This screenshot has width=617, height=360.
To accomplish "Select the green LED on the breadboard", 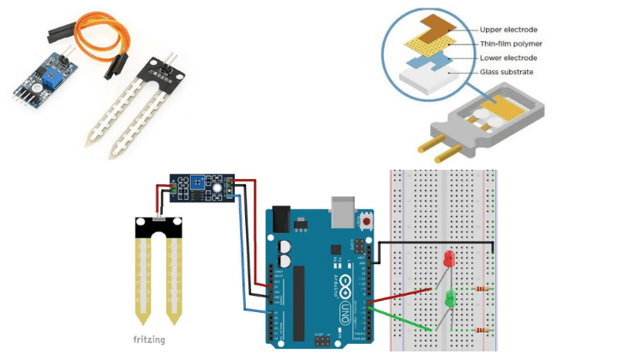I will click(448, 299).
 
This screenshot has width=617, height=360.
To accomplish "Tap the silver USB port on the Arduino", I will click(343, 208).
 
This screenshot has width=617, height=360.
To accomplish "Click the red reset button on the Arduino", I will click(368, 221).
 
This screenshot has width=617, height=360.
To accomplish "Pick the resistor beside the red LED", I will click(482, 288).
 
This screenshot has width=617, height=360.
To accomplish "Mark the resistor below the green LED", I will click(482, 329).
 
